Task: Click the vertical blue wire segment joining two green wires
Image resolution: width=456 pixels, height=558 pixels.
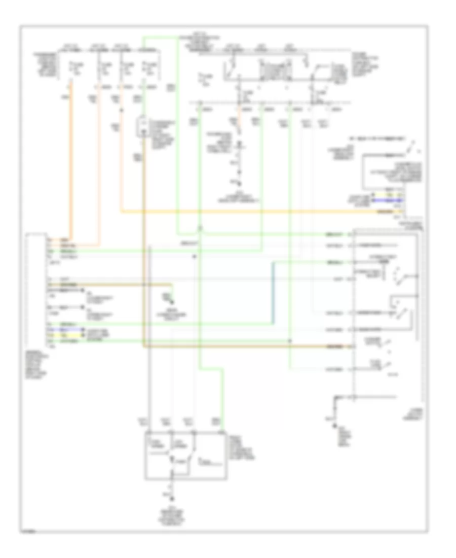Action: click(274, 294)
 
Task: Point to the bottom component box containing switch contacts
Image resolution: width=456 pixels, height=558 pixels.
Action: click(184, 455)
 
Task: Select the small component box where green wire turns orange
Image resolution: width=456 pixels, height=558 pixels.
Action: click(143, 127)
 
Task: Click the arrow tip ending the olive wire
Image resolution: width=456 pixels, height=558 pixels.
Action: click(174, 305)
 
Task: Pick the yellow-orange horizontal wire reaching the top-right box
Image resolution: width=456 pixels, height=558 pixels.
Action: click(253, 211)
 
